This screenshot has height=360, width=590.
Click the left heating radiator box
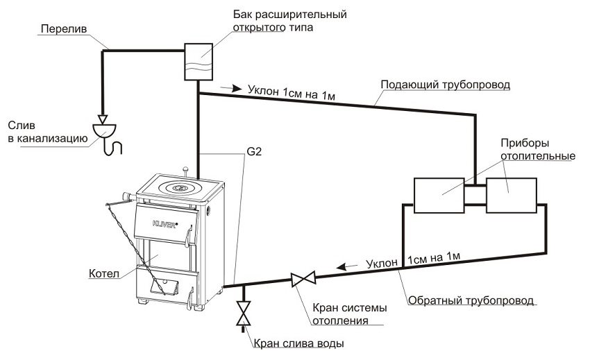click(439, 195)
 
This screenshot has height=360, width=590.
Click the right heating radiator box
click(511, 195)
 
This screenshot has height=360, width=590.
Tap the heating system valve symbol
click(302, 280)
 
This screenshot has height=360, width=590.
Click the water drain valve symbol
click(242, 313)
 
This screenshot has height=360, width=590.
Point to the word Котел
click(103, 273)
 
